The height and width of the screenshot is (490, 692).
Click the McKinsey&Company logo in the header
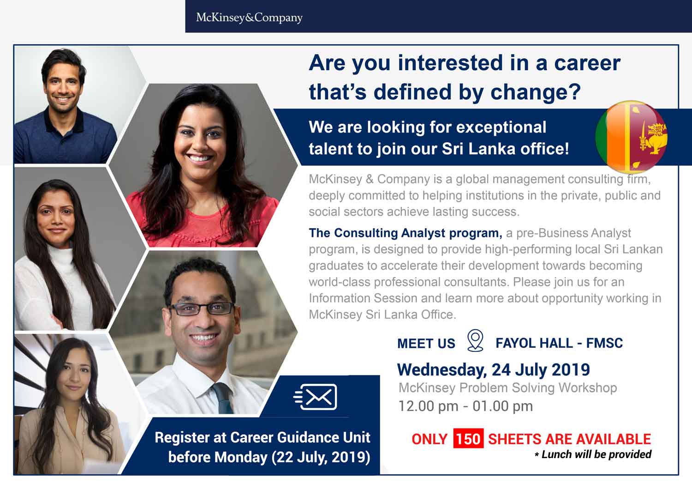[249, 18]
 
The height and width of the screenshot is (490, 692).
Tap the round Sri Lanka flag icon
[631, 137]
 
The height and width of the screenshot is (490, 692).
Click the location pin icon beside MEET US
[475, 340]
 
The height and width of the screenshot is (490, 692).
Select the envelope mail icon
[315, 397]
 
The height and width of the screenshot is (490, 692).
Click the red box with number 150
[468, 439]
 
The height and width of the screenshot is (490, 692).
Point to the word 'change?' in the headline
[536, 92]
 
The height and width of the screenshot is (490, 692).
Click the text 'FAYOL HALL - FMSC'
[559, 343]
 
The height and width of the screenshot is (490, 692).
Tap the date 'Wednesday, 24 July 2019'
[493, 369]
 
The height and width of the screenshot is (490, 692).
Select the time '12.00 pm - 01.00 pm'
[465, 406]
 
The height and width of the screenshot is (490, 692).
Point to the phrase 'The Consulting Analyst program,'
[406, 233]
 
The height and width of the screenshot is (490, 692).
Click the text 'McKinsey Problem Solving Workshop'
[507, 388]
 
